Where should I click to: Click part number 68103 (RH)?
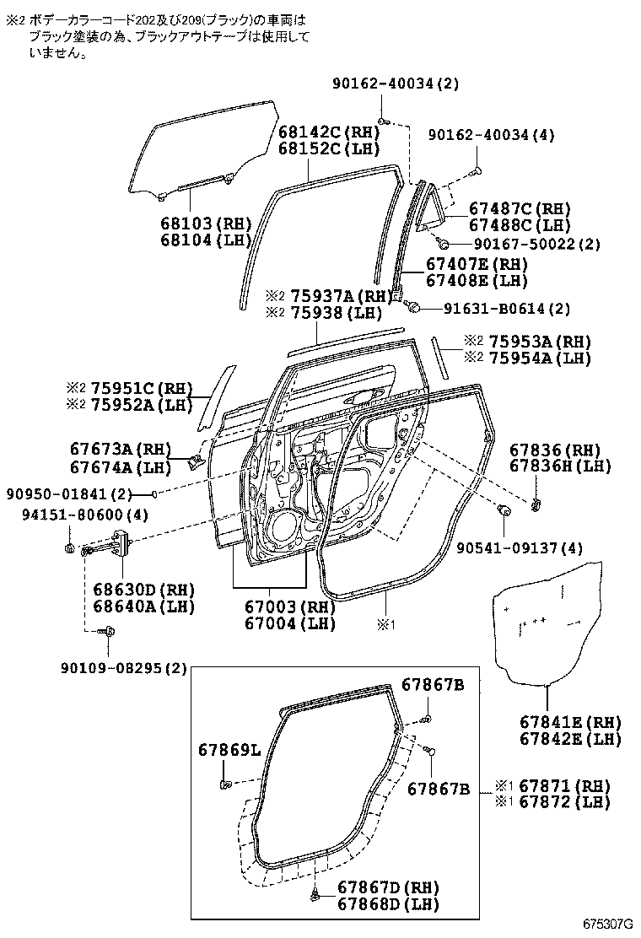206,224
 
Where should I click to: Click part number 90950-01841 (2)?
73,493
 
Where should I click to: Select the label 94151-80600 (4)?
75,515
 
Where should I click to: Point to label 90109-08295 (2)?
122,669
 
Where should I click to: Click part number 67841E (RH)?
570,723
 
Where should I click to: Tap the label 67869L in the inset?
230,750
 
